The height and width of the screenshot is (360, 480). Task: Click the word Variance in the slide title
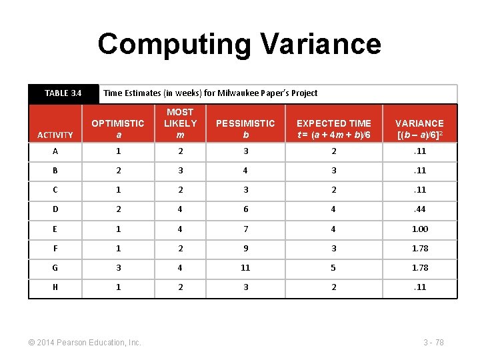coord(321,44)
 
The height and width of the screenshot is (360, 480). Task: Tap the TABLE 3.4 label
coord(63,93)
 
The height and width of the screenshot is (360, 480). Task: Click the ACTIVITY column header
coord(55,135)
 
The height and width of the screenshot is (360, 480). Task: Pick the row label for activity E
coord(55,229)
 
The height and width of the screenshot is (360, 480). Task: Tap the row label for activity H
coord(55,287)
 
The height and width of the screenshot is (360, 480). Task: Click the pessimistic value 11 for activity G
coord(245,267)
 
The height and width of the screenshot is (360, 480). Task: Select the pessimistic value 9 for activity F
coord(245,248)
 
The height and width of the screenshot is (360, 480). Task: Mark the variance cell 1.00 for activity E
coord(419,229)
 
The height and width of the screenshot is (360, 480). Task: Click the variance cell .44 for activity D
coord(419,209)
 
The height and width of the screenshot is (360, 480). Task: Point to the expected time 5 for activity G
coord(333,267)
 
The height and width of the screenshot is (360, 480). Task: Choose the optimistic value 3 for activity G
coord(117,267)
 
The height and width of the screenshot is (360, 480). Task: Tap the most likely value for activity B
coord(180,170)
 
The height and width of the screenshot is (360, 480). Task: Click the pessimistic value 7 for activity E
coord(245,229)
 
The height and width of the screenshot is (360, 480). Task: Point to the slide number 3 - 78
coord(433,343)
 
